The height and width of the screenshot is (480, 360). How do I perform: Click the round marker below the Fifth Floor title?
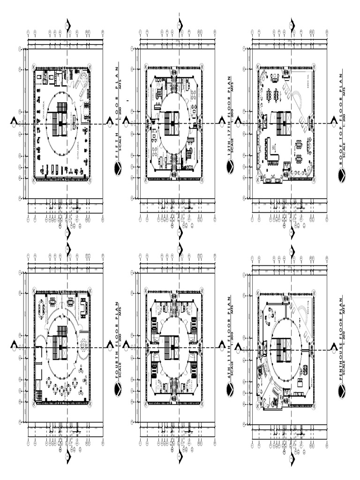[118, 168]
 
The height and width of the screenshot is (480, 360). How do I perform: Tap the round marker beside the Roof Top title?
[342, 175]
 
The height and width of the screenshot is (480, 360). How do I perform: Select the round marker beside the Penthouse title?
[342, 390]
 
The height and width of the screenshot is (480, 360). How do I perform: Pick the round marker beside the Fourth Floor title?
[118, 389]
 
